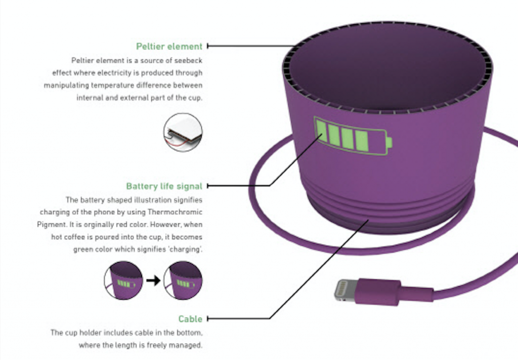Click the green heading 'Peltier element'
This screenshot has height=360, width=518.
point(169,47)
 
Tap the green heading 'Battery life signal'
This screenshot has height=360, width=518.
point(164,186)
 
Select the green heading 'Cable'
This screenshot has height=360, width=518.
point(190,319)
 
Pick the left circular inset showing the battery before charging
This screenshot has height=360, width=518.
point(123,281)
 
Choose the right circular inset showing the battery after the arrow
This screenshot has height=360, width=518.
point(183,281)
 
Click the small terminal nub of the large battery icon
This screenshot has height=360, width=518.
point(389,143)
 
